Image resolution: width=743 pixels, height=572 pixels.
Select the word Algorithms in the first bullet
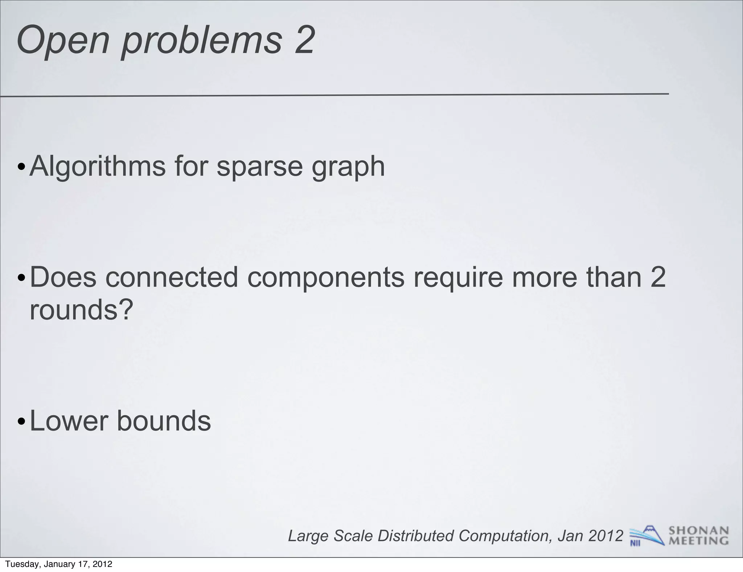97,166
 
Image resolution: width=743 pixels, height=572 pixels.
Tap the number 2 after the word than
657,277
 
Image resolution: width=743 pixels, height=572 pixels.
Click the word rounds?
82,311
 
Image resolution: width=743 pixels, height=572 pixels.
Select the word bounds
164,421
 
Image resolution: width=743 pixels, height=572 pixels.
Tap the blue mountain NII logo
646,535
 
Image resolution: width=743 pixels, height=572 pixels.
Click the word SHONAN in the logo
698,531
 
